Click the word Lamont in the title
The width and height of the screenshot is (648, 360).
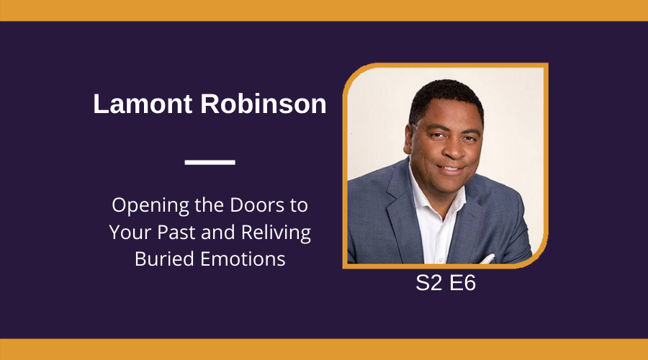tap(143, 104)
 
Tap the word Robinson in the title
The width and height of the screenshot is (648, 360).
tap(264, 104)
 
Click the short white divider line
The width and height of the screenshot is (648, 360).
tap(210, 163)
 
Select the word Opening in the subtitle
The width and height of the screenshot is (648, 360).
tap(150, 206)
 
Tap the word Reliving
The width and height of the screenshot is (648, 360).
tap(276, 233)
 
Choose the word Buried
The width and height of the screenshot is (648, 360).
tap(164, 259)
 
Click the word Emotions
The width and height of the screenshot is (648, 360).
tap(243, 259)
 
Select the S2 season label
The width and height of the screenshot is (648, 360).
tap(429, 283)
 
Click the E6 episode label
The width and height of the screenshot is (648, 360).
tap(462, 283)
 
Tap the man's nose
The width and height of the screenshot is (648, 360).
tap(454, 150)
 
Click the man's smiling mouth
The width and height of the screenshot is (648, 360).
tap(451, 169)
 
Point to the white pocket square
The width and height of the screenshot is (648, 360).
tap(487, 259)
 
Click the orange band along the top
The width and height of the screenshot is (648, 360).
tap(324, 10)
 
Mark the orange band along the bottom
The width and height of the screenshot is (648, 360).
tap(324, 350)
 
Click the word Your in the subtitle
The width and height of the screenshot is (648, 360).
tap(130, 232)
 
